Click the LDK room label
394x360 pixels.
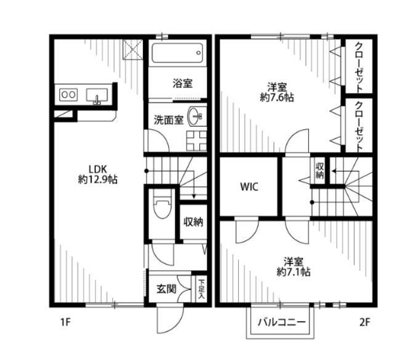click(x=97, y=169)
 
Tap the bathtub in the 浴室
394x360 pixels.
click(x=177, y=54)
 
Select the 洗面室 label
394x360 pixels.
click(x=169, y=120)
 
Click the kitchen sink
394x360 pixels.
click(x=97, y=96)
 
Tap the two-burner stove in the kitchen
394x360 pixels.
click(x=68, y=95)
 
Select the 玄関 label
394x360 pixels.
click(x=166, y=289)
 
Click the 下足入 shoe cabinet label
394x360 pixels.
click(x=201, y=289)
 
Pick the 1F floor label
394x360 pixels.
click(x=65, y=322)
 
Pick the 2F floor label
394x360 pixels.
click(x=365, y=322)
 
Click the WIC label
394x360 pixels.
click(x=249, y=187)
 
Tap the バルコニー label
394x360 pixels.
click(x=282, y=322)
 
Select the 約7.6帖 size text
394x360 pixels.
click(x=277, y=97)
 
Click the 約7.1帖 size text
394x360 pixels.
click(x=294, y=272)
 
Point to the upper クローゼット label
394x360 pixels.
click(x=359, y=68)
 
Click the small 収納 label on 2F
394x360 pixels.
click(x=320, y=171)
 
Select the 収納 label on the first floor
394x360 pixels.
click(x=193, y=222)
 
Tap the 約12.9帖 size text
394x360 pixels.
click(x=97, y=179)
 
